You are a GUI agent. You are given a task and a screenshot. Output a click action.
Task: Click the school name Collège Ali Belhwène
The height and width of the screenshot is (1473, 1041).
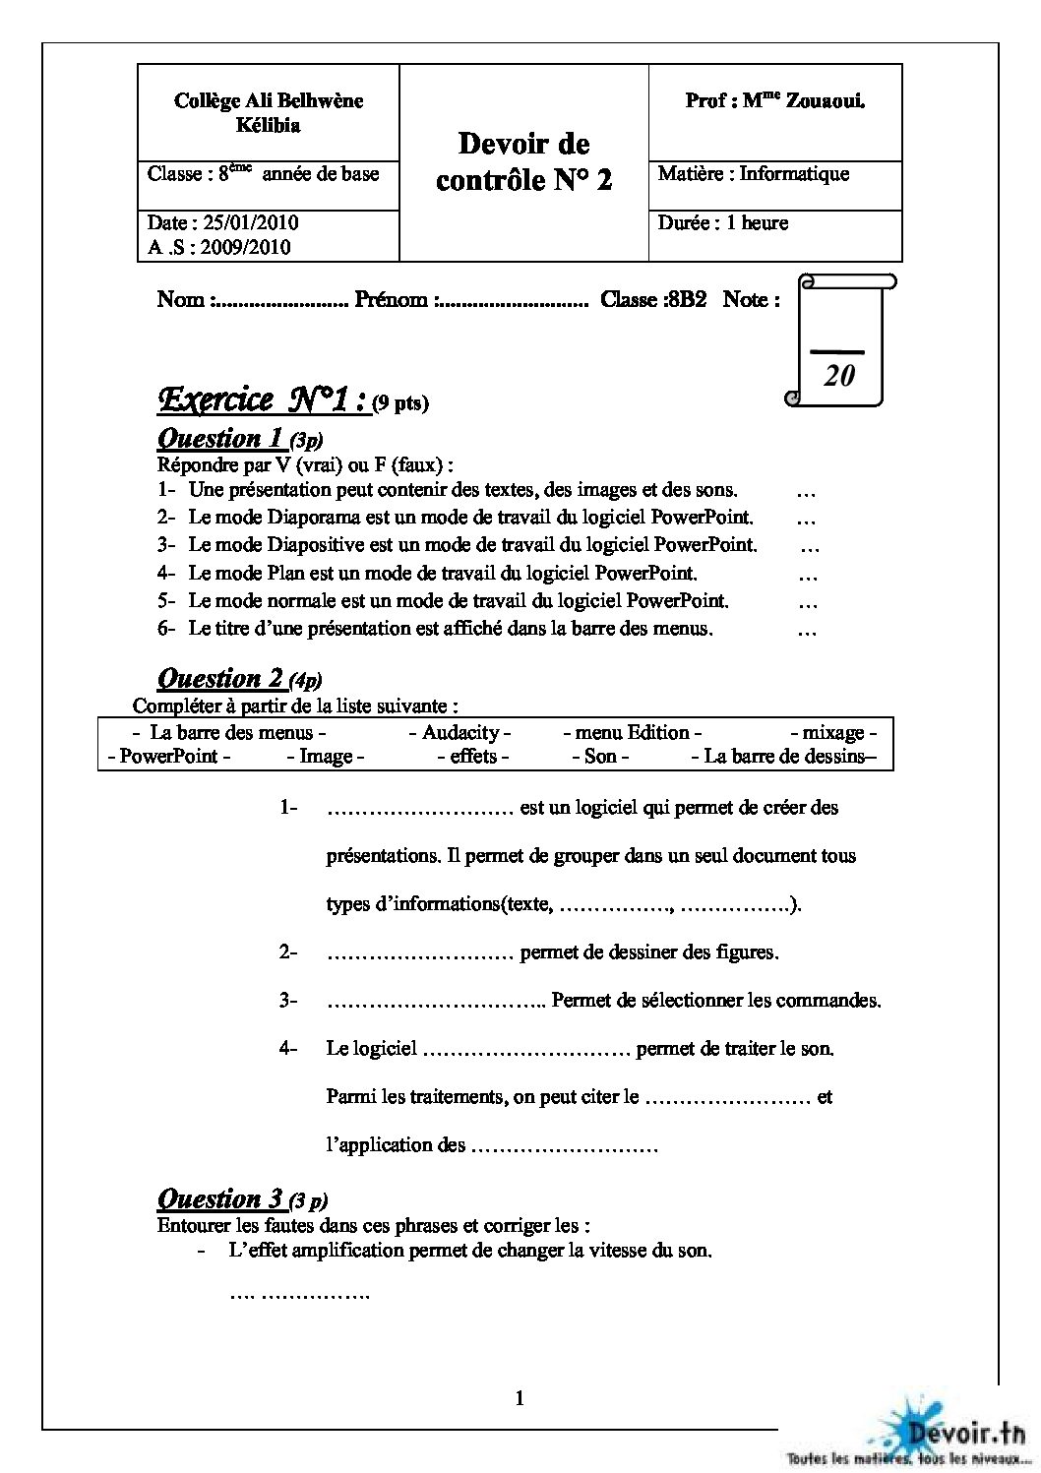[268, 100]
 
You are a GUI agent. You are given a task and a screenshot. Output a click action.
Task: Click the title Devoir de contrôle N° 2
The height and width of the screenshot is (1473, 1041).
[523, 162]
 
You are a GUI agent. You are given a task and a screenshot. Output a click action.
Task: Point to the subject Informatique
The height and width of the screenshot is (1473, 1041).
[794, 174]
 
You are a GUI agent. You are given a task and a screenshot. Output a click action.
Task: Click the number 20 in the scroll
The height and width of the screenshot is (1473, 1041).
[839, 375]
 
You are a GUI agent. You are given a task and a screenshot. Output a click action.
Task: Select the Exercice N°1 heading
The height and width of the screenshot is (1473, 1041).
[263, 399]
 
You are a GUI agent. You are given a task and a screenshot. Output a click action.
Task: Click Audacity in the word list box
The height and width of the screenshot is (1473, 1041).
[459, 732]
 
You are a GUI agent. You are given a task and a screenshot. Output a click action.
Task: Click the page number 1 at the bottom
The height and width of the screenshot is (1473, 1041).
[520, 1398]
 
